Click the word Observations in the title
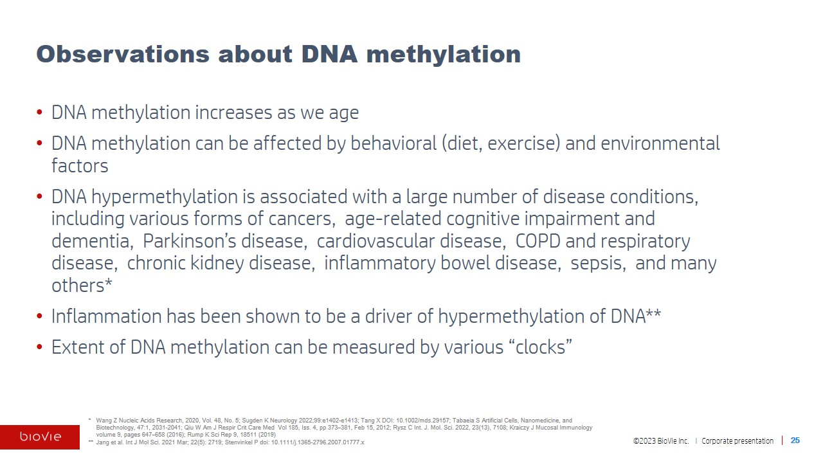[123, 54]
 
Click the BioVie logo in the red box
[41, 437]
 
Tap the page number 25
[795, 440]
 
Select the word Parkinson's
[188, 241]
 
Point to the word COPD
[538, 241]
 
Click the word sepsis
[598, 263]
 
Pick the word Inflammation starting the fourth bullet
[107, 316]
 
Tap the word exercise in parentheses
[523, 143]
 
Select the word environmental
[660, 143]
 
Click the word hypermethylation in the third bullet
[164, 197]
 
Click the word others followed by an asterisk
[82, 286]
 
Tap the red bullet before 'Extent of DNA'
[39, 347]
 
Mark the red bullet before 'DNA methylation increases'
[39, 112]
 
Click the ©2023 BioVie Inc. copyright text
[661, 440]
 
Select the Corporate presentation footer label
[737, 440]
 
